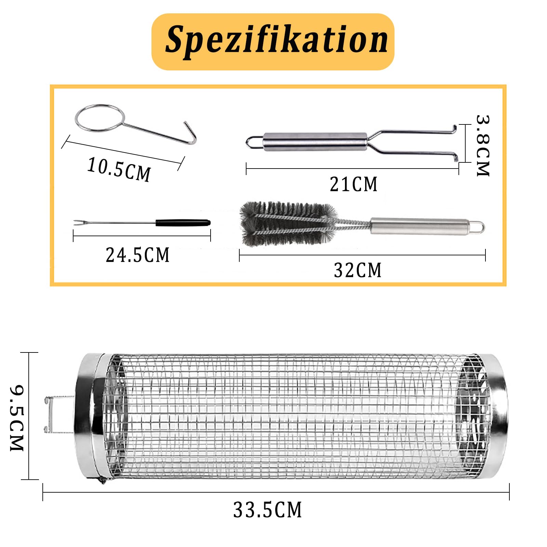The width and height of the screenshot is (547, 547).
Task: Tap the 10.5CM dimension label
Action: coord(119,169)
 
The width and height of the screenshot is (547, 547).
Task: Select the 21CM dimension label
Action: coord(353,184)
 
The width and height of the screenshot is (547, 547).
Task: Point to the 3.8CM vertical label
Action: coord(483,146)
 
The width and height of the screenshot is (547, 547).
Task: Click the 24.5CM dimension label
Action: coord(137,255)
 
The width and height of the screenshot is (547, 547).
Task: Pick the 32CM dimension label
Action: coord(358,270)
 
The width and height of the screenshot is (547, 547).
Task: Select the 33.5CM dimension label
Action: coord(268,510)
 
